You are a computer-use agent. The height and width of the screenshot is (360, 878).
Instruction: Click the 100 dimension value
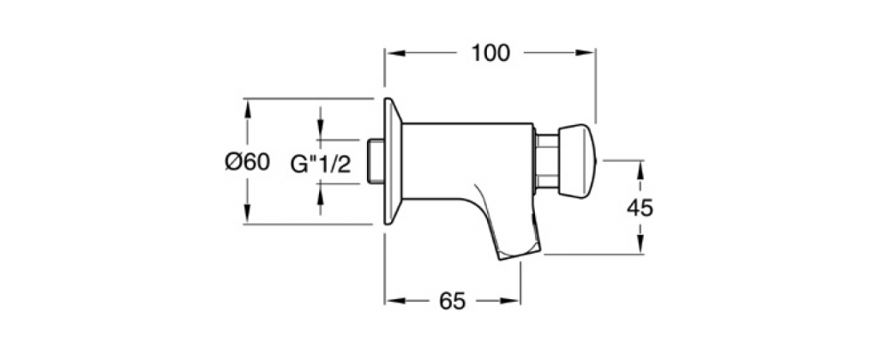(490, 53)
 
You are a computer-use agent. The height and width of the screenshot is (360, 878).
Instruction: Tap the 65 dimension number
(452, 301)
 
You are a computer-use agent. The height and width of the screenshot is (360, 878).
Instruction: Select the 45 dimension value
(640, 208)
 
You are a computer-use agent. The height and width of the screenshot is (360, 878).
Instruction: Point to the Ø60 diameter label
(248, 162)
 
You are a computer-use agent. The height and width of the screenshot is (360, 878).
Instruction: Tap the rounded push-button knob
(578, 161)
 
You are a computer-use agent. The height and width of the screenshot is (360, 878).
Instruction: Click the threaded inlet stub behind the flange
(376, 161)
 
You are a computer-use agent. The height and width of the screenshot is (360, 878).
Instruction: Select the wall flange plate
(393, 161)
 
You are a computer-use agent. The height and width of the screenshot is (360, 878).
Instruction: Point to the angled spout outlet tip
(520, 252)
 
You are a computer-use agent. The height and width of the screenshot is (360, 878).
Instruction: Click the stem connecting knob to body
(547, 161)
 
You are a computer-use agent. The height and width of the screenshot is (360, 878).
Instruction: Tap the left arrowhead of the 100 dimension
(395, 53)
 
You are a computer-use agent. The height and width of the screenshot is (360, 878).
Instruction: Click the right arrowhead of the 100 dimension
(585, 53)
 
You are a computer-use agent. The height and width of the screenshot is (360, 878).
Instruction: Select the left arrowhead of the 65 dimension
(395, 301)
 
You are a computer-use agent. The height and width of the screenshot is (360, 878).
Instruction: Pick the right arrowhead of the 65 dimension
(510, 301)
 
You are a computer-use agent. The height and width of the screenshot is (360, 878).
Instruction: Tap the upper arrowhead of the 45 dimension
(640, 171)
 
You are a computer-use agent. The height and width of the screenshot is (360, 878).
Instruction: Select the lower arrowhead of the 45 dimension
(640, 244)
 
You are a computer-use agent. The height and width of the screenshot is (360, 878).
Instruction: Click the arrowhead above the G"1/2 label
(321, 130)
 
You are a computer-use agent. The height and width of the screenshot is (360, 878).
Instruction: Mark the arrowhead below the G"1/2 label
(321, 193)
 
